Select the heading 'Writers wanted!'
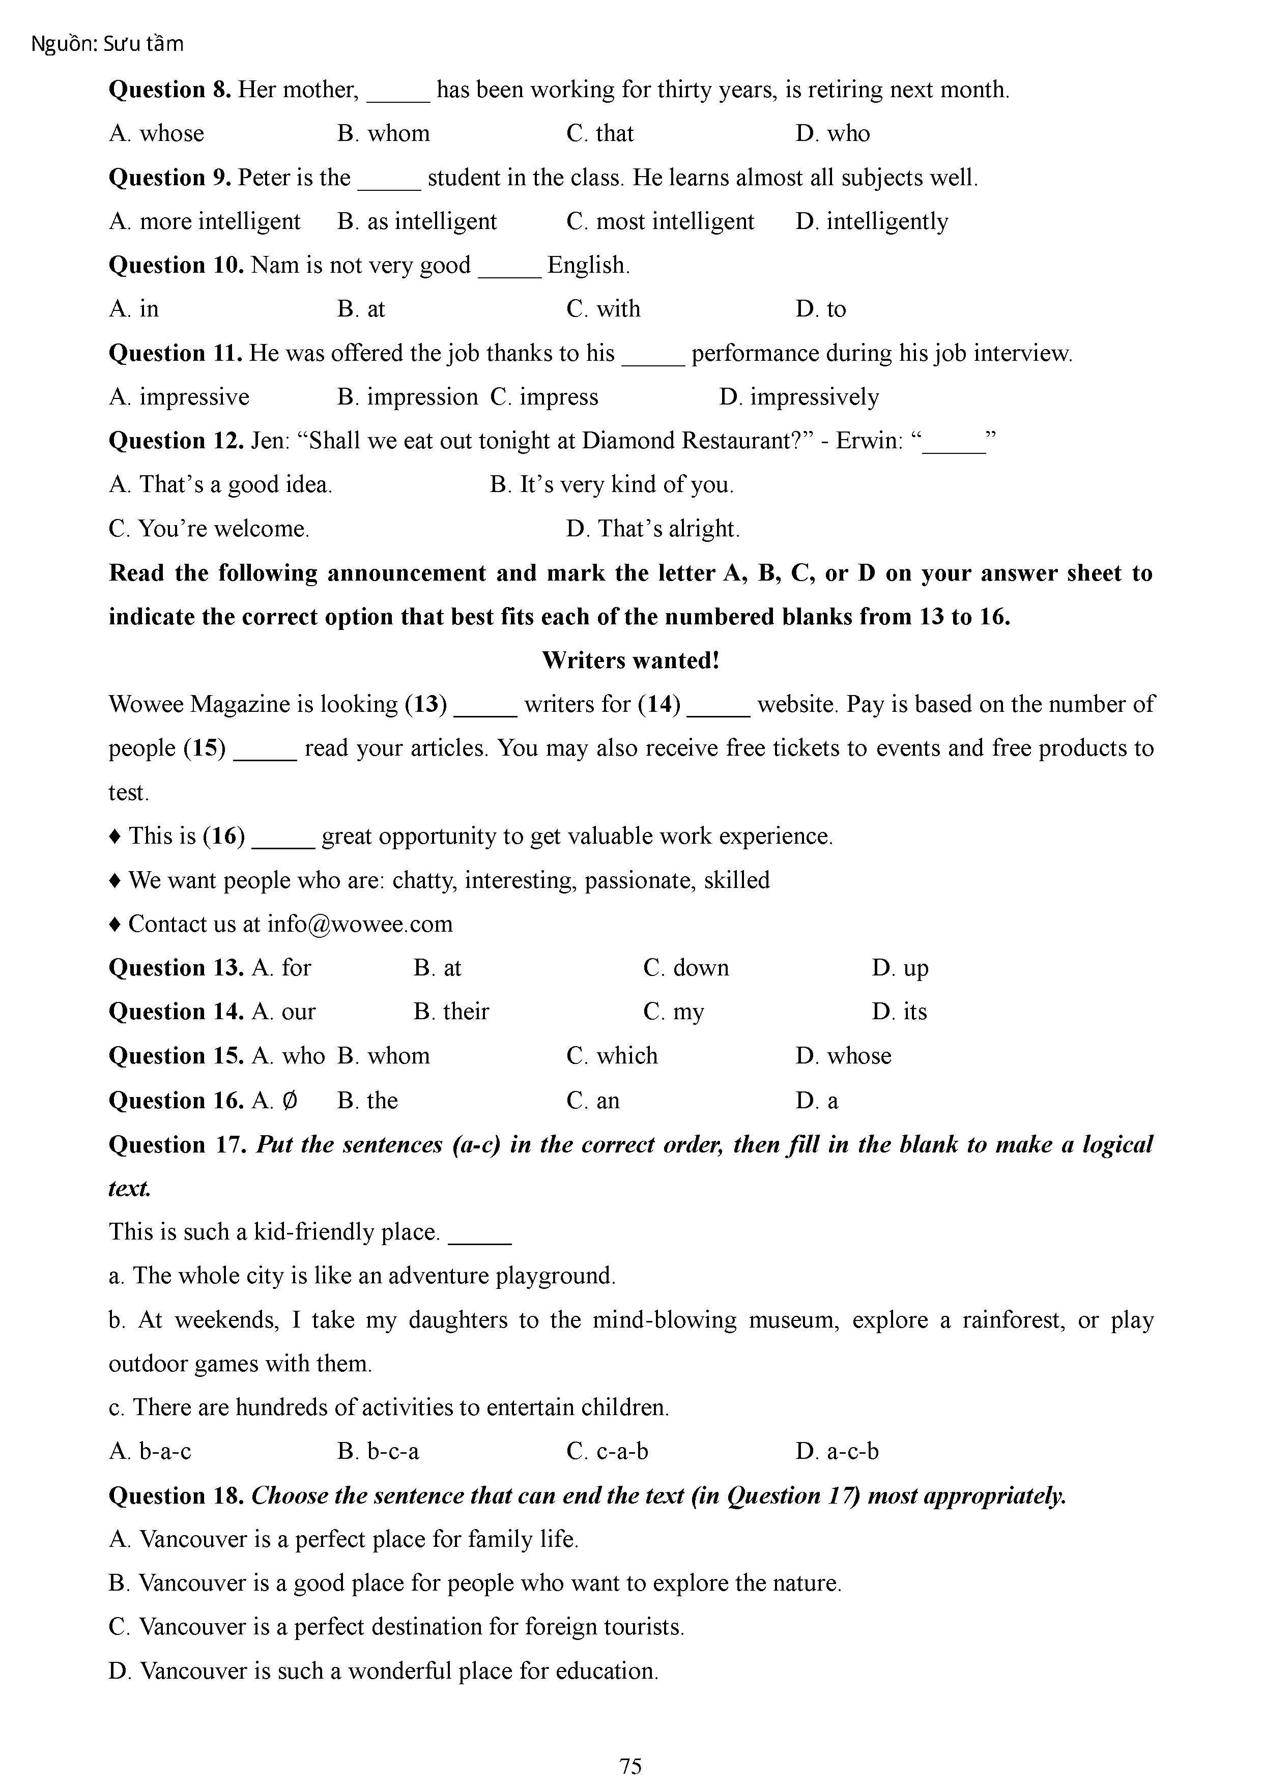(630, 660)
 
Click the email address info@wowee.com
(359, 924)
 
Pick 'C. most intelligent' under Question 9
(660, 221)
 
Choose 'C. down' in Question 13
(686, 968)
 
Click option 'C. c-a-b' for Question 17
(607, 1451)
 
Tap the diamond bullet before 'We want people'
(115, 880)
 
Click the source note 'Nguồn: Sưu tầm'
(107, 44)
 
